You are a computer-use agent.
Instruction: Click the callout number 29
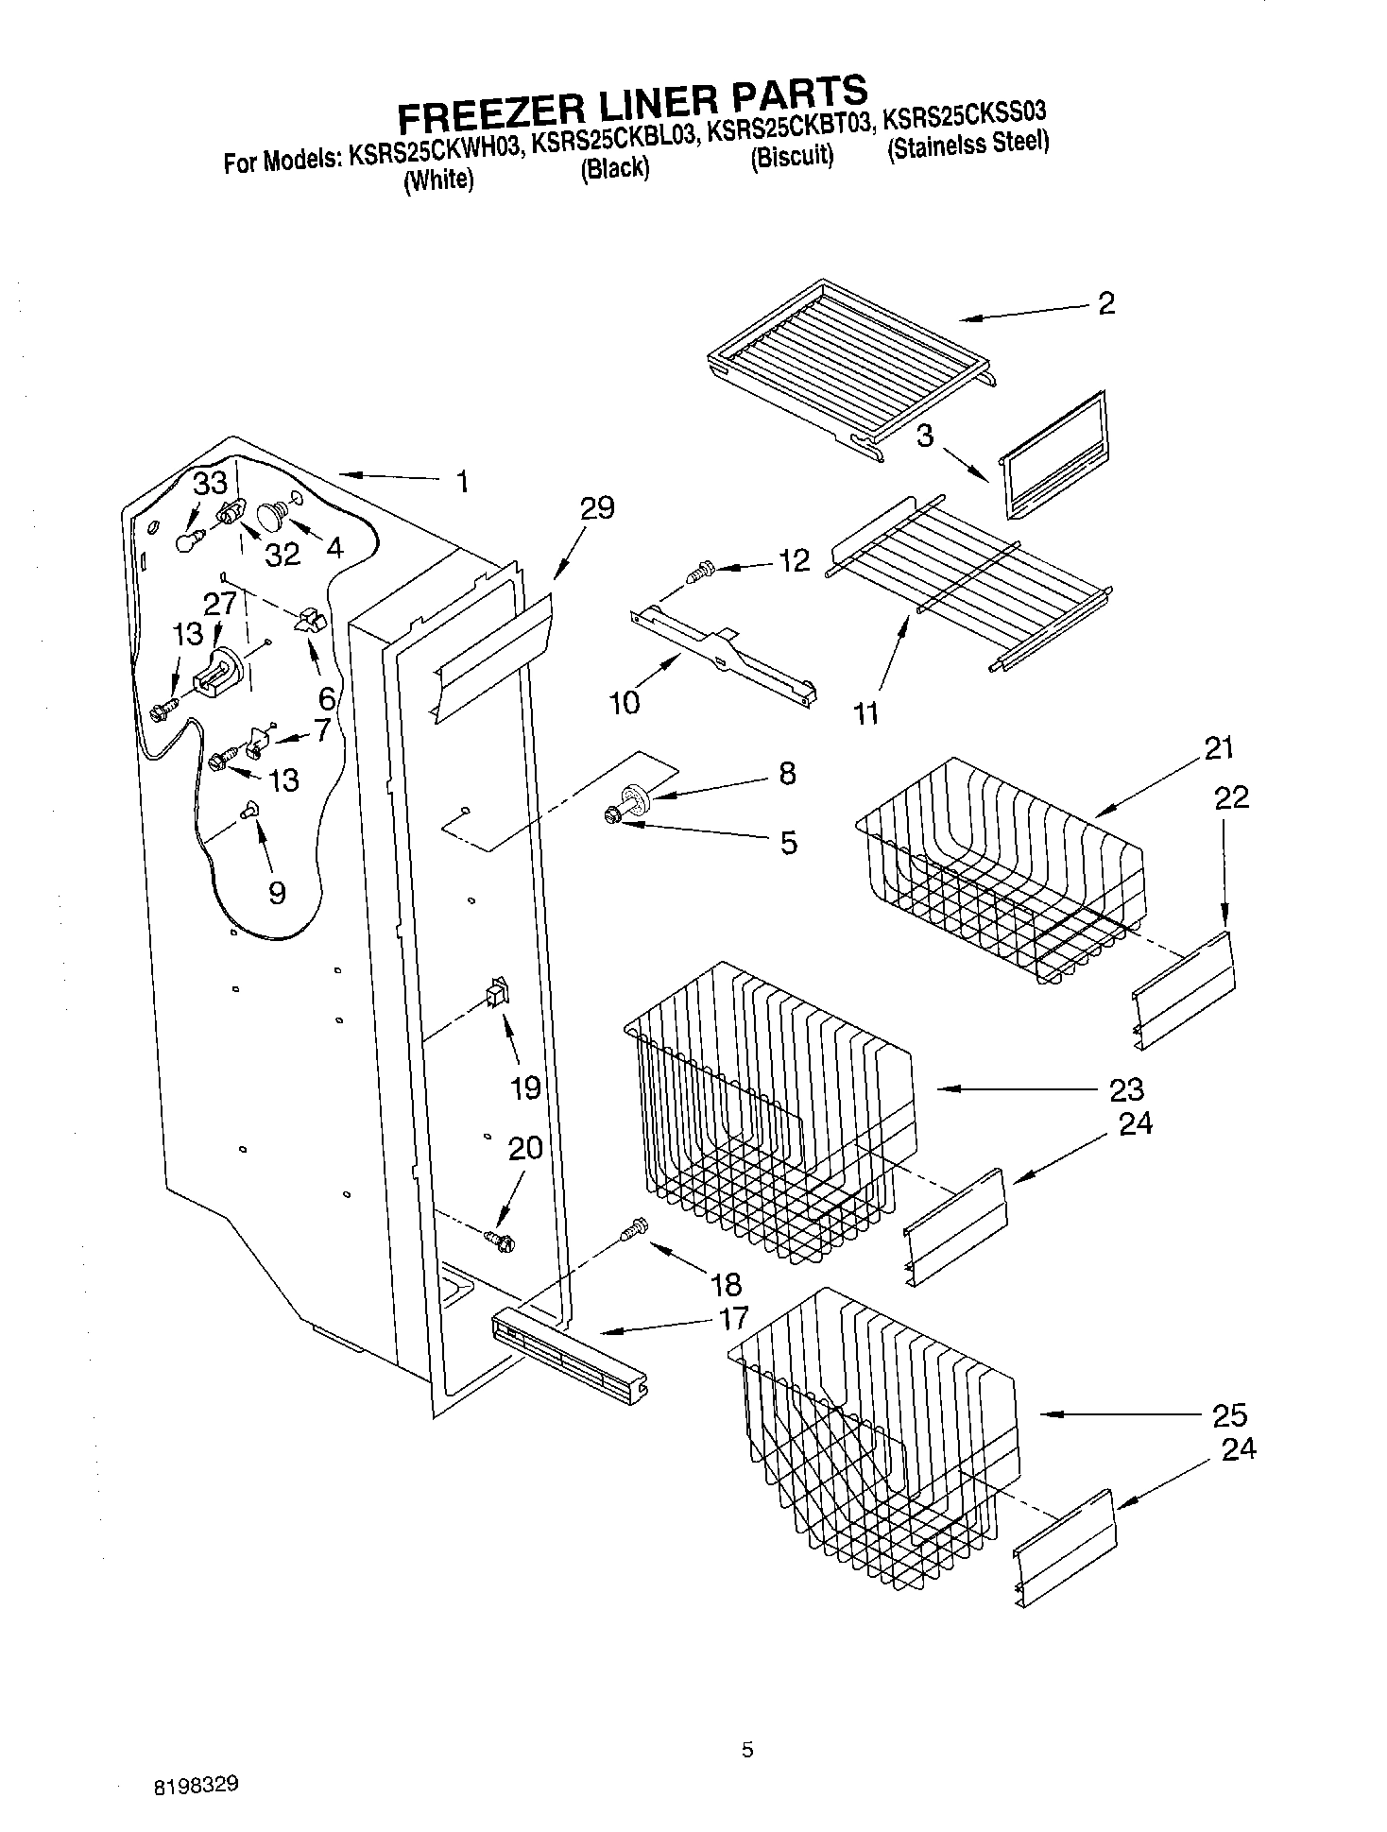point(597,508)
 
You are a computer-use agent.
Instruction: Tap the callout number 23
point(1126,1089)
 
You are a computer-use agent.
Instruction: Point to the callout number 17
point(733,1317)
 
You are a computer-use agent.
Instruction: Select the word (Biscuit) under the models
point(792,155)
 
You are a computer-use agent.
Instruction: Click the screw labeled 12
point(701,571)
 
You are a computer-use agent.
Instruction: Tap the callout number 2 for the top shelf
point(1105,303)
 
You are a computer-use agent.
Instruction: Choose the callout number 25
point(1228,1414)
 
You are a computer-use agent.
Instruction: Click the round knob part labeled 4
point(275,516)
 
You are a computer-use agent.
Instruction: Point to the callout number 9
point(276,892)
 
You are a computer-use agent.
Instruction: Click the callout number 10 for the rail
point(625,701)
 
